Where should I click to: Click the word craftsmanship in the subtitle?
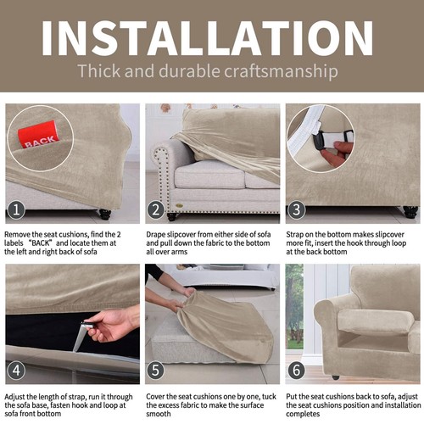tap(285, 70)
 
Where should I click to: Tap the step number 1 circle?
tap(16, 209)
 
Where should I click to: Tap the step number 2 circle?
tap(156, 209)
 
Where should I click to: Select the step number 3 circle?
tap(295, 209)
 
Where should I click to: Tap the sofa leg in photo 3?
tap(410, 211)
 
